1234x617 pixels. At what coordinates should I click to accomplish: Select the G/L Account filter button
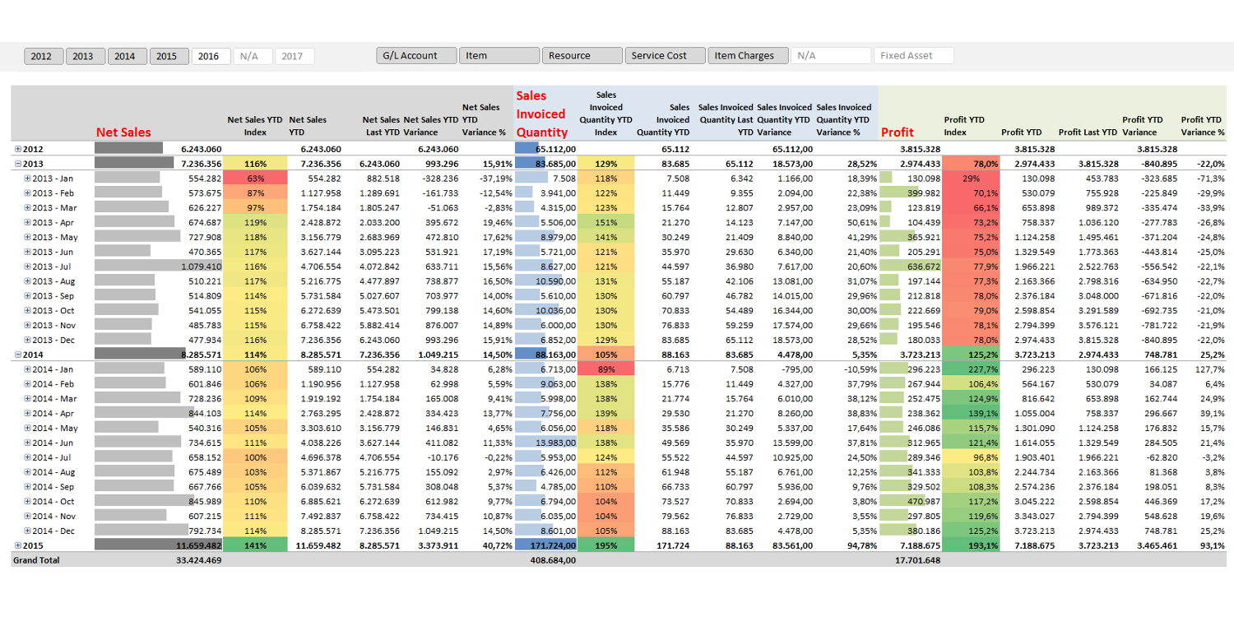click(416, 56)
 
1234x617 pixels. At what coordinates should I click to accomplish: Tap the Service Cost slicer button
click(665, 56)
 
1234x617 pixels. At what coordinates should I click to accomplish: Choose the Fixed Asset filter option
click(913, 56)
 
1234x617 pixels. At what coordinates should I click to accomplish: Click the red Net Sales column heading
click(123, 132)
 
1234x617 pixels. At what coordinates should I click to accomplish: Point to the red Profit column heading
click(898, 132)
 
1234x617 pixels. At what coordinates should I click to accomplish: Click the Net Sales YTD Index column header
click(254, 126)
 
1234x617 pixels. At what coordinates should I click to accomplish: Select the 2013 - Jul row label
click(52, 267)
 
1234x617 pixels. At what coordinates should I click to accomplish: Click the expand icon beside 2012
click(17, 149)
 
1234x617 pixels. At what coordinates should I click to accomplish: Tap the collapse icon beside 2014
click(17, 355)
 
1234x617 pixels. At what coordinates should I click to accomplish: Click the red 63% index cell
click(256, 179)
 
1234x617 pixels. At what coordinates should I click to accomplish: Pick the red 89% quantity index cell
click(606, 369)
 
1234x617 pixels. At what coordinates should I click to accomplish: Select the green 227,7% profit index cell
click(972, 369)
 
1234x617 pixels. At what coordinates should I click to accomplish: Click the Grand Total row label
click(36, 560)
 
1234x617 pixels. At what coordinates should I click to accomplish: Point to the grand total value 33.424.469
click(199, 560)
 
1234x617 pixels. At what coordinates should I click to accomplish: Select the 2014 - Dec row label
click(53, 531)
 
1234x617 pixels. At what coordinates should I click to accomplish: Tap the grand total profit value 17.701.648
click(918, 560)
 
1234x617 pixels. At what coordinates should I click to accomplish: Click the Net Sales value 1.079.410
click(201, 267)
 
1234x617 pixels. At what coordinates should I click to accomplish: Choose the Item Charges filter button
click(748, 56)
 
